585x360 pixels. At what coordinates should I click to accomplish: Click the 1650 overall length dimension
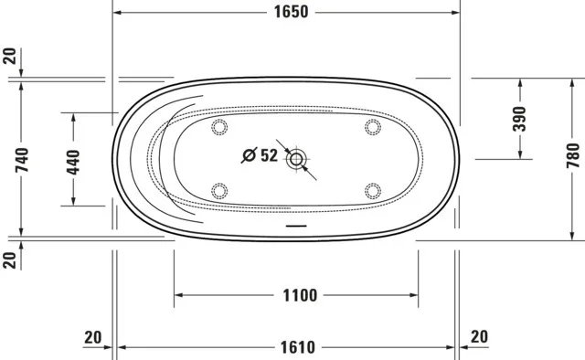tap(291, 12)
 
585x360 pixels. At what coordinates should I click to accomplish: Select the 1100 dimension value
tap(300, 295)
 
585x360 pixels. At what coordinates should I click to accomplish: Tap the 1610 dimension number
tap(298, 348)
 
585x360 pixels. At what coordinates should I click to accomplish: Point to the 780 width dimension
tap(573, 155)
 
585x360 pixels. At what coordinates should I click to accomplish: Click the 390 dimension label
tap(519, 119)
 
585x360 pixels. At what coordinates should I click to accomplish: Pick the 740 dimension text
tap(22, 160)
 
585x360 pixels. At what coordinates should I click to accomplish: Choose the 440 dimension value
tap(73, 162)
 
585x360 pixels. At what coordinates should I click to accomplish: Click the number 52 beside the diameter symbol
tap(269, 155)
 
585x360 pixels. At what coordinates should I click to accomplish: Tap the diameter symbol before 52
tap(250, 155)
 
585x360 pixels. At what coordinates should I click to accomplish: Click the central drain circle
tap(296, 159)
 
